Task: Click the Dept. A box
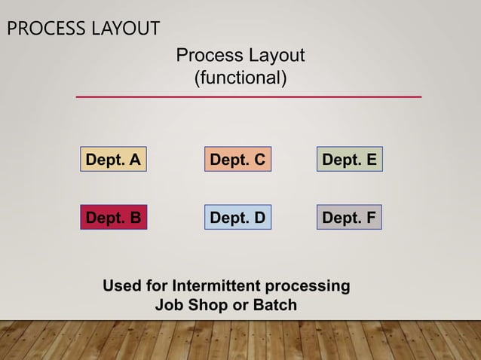(x=113, y=160)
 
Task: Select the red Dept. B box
(x=113, y=218)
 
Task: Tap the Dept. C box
(x=237, y=160)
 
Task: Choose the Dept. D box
(x=237, y=218)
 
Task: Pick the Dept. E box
(x=349, y=160)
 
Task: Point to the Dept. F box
(x=349, y=218)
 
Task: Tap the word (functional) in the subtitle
(x=240, y=78)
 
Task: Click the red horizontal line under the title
(x=248, y=97)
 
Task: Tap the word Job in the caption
(x=168, y=306)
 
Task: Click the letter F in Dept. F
(x=370, y=218)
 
